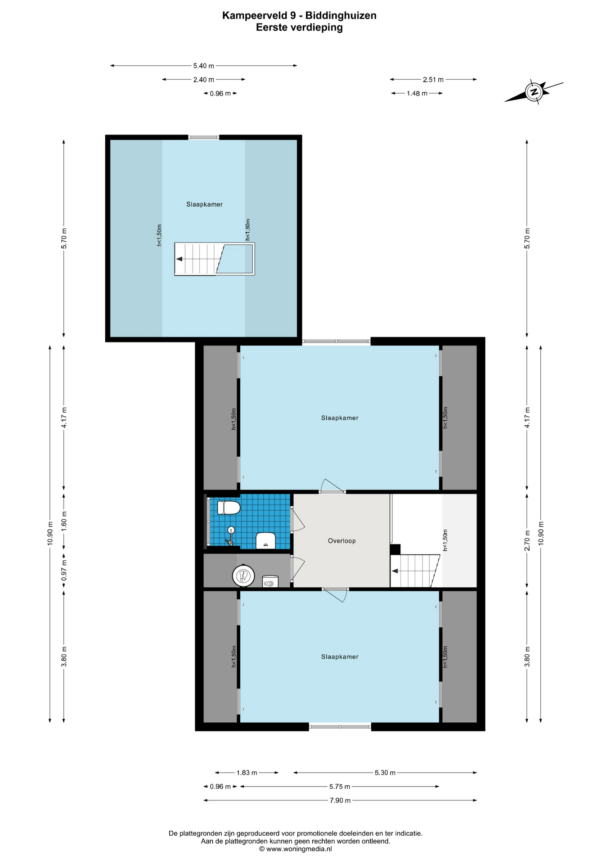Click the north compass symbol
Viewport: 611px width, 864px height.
[534, 92]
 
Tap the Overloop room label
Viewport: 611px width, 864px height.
[342, 541]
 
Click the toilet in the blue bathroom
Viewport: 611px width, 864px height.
[229, 508]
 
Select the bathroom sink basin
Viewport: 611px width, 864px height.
[265, 540]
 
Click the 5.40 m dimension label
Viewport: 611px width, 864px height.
[203, 66]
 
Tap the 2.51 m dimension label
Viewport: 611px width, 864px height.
[433, 80]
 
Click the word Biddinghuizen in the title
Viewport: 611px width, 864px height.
[341, 16]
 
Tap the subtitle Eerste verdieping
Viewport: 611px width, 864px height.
[299, 27]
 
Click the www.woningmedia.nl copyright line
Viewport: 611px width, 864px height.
[295, 849]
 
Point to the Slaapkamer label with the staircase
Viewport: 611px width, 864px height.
[204, 204]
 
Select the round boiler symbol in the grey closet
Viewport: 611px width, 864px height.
[243, 576]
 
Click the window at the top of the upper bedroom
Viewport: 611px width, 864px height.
[204, 137]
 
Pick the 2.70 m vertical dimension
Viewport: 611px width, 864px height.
[527, 540]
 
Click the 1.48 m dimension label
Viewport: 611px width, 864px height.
[417, 94]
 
